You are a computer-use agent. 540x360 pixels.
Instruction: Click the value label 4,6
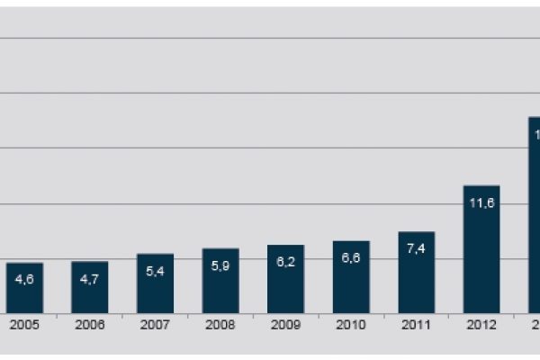tap(24, 279)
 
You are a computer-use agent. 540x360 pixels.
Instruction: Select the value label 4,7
tap(90, 278)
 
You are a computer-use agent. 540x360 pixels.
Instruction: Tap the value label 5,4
tap(155, 271)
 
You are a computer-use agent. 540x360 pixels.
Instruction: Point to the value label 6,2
tap(285, 262)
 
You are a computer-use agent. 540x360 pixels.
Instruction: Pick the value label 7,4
tap(417, 248)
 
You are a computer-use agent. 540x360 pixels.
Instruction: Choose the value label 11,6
tap(481, 202)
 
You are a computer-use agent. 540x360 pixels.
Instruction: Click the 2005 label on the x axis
tap(24, 325)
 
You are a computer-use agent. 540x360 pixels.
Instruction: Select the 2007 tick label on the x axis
tap(155, 325)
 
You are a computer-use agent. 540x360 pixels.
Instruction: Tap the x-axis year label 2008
tap(220, 325)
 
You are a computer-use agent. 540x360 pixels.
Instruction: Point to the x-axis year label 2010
tap(351, 325)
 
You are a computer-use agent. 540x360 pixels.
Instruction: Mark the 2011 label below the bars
tap(417, 325)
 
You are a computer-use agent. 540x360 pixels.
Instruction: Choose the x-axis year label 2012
tap(481, 325)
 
